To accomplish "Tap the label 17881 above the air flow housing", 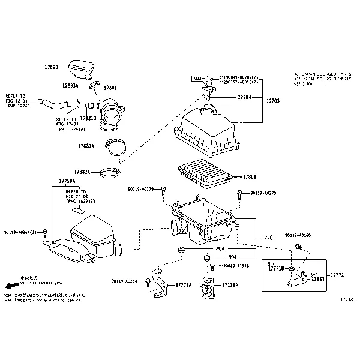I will pos(110,88).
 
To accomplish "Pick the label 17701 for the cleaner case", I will pos(268,238).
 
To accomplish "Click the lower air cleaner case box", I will pos(203,222).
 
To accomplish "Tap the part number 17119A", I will pos(230,285).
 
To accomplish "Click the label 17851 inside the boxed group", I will pos(317,278).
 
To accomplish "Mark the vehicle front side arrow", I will pos(11,286).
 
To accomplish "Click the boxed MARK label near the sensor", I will pos(198,79).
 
